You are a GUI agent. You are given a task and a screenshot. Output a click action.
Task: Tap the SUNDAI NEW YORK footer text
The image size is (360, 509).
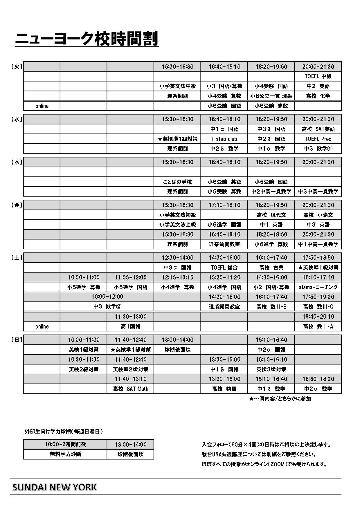coord(54,487)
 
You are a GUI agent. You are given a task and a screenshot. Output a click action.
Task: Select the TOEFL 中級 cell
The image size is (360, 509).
coord(318,76)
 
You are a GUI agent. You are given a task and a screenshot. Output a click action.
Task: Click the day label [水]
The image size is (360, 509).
coord(17,119)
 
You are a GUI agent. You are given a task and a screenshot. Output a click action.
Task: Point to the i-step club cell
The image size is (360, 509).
coord(224,139)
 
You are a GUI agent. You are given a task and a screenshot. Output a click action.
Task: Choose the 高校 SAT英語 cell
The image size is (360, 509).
coord(318,129)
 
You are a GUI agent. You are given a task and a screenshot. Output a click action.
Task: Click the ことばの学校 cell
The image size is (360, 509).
coord(177,182)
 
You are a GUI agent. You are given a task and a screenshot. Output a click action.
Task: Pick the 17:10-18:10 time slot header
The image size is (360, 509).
coord(224,205)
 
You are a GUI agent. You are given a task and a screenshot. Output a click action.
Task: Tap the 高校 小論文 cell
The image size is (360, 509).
coord(318,215)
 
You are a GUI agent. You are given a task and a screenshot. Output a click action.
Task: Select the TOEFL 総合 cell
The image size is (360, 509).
coord(224,268)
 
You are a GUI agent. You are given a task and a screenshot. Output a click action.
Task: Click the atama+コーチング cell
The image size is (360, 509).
coord(318,287)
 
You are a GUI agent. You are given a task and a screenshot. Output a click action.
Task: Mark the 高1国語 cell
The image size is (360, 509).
coord(130,326)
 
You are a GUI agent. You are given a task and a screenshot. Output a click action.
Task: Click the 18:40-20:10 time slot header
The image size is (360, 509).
coord(318,317)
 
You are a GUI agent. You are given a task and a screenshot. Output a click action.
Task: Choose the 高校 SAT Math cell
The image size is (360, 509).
coord(130,389)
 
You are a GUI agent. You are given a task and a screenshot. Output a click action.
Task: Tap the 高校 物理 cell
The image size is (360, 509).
coord(224,389)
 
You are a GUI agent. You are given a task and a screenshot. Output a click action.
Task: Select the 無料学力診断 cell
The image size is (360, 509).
coord(65,454)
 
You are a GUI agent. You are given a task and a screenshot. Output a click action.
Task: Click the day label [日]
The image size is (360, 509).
coord(17,340)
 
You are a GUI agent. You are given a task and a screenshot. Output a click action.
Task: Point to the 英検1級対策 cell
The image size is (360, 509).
coord(84,350)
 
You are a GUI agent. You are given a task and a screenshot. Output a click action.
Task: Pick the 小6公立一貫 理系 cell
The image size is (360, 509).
coord(271,96)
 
